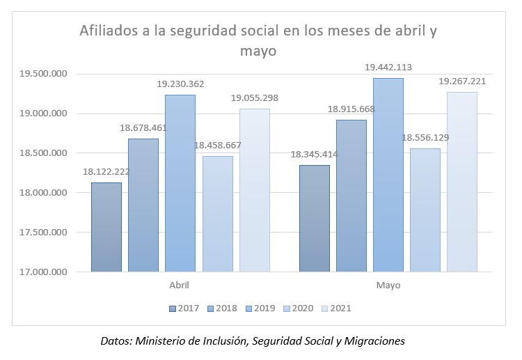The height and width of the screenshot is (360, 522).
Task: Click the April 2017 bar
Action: (106, 227)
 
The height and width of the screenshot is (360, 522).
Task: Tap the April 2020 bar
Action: (217, 214)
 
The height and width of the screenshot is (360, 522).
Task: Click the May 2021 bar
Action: (462, 182)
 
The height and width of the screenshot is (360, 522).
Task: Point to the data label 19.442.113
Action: (388, 68)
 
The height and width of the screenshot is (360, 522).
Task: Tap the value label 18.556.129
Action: (425, 138)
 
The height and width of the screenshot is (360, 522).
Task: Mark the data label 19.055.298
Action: (255, 98)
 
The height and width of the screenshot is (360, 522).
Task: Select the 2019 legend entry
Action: (260, 307)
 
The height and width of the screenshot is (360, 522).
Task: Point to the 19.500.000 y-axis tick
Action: (43, 74)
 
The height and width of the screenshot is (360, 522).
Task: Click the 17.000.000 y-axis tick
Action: (43, 272)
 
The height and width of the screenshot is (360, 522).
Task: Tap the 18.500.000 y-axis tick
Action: (43, 153)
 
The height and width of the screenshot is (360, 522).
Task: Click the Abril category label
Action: (180, 285)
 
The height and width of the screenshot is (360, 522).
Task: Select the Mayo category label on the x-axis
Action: (388, 285)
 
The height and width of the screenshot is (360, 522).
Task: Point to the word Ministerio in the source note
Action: (168, 341)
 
